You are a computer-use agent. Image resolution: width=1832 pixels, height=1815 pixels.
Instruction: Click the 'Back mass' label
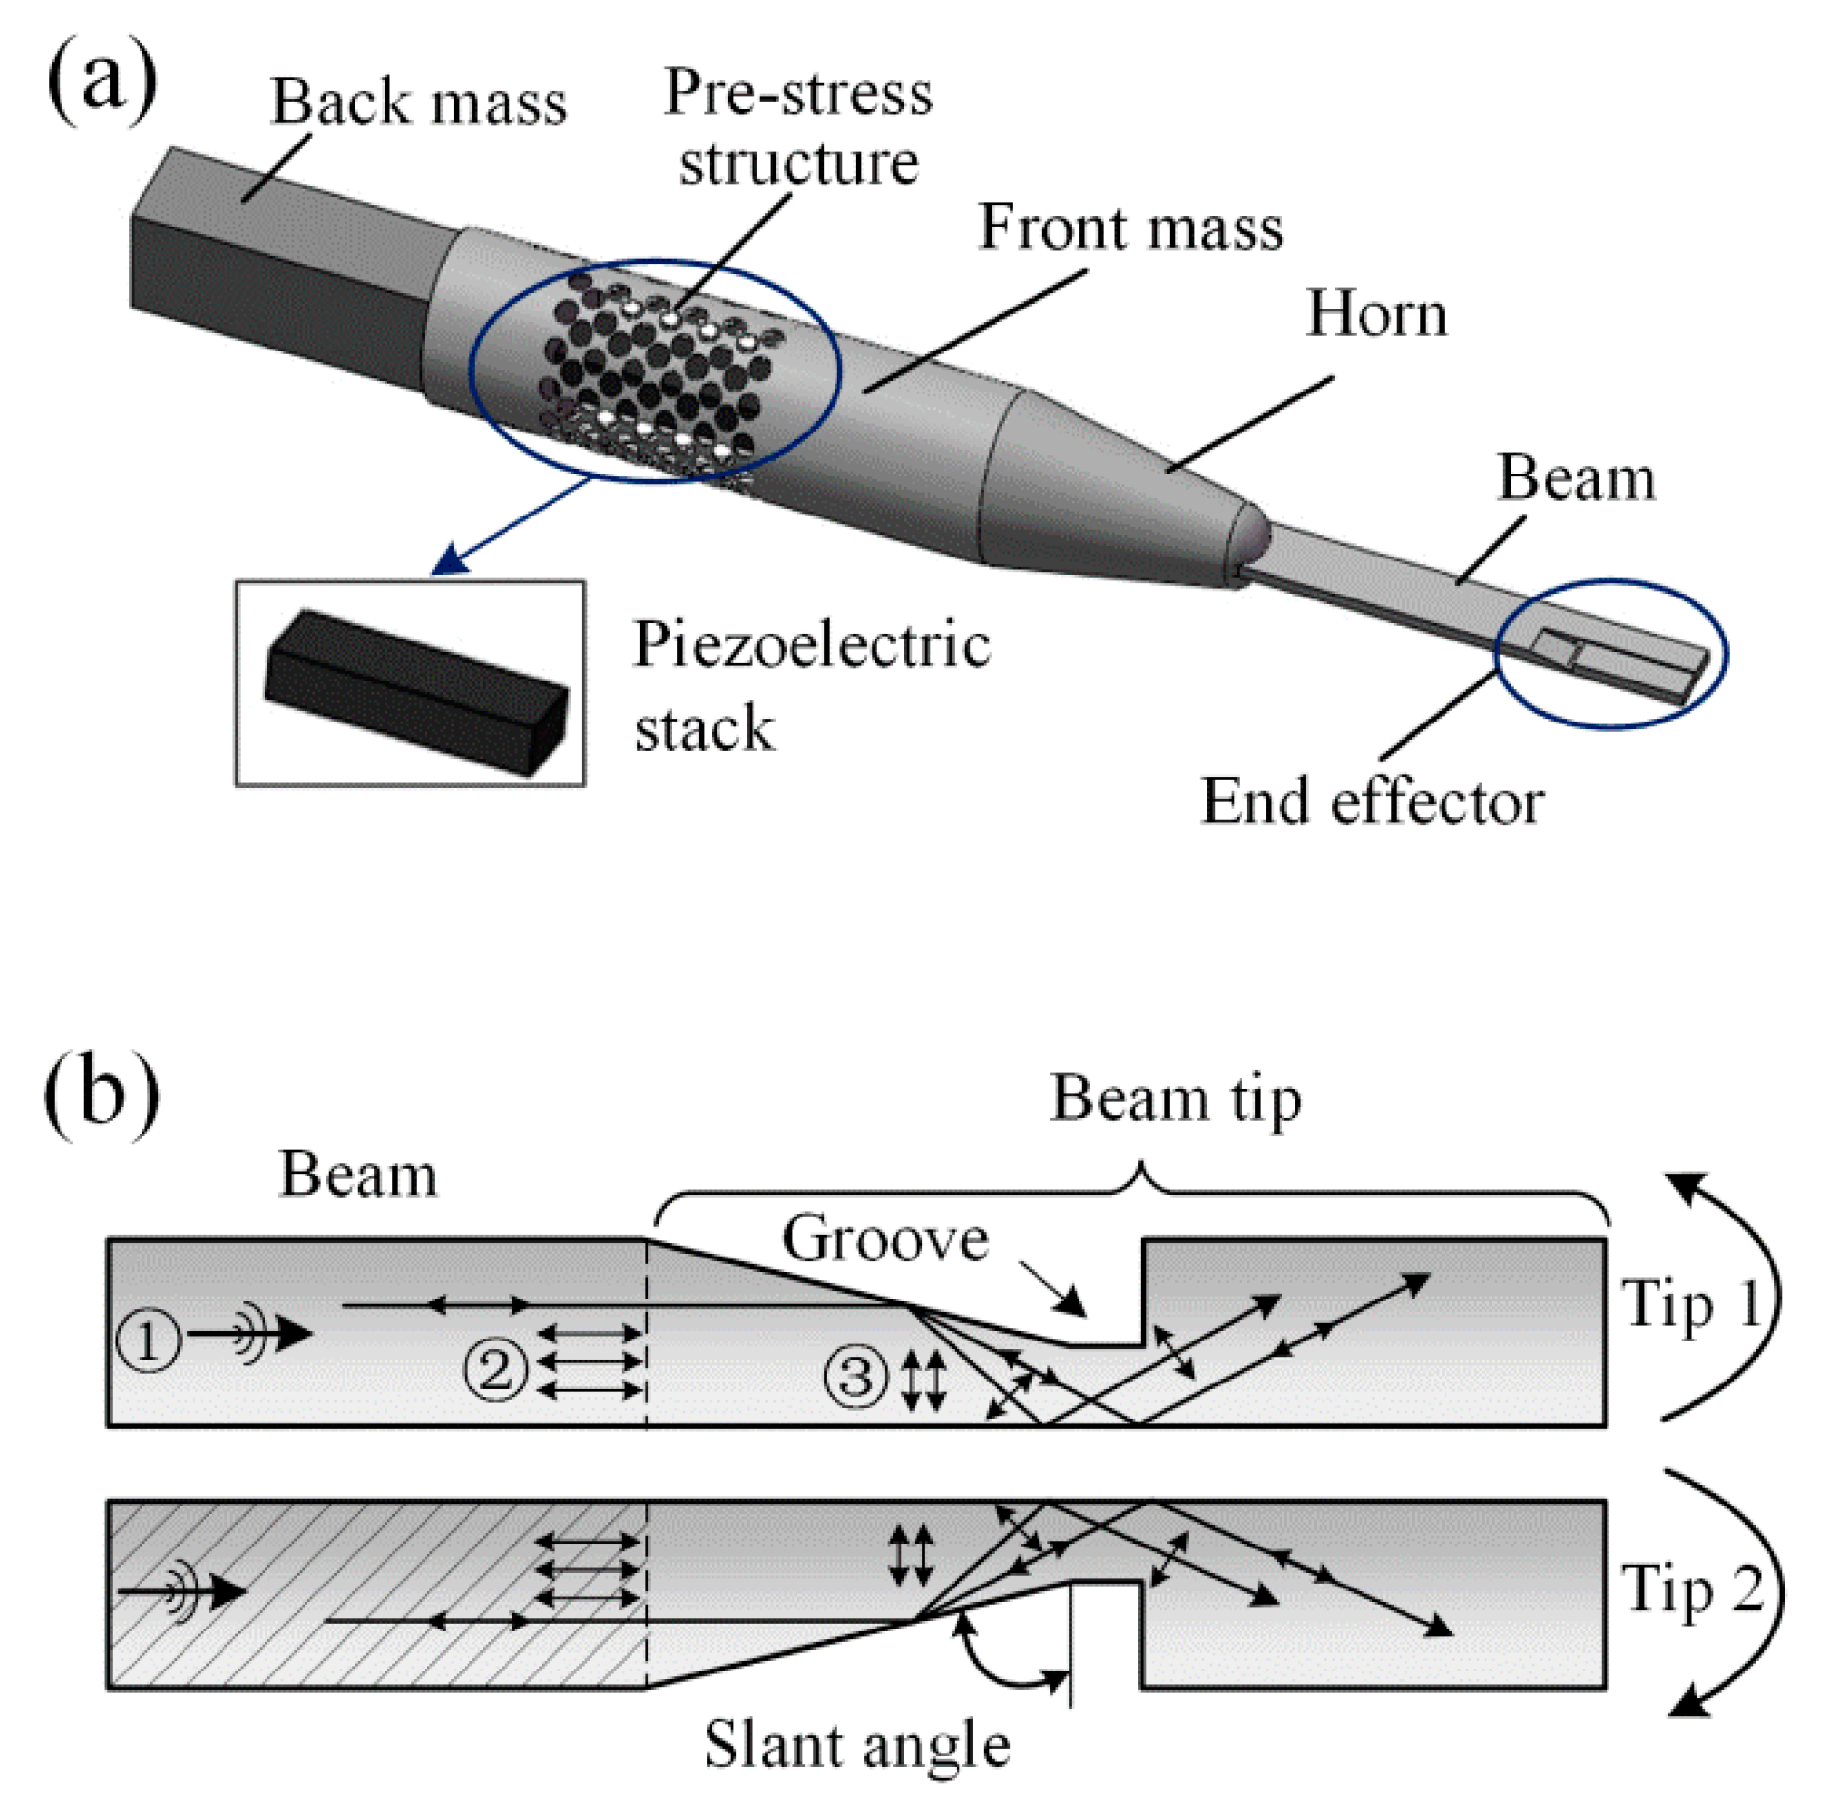tap(418, 102)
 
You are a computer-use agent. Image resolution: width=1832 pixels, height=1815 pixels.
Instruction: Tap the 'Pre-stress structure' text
tap(797, 127)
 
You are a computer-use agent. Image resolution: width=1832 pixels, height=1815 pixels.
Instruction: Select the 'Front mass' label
tap(1129, 227)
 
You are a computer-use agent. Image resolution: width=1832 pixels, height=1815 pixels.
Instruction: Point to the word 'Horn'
tap(1375, 314)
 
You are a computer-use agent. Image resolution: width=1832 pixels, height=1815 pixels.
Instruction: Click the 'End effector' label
tap(1370, 802)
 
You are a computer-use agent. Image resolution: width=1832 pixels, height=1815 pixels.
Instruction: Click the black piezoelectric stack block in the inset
tap(415, 691)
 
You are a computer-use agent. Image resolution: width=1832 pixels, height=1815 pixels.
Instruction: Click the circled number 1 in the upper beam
tap(148, 1341)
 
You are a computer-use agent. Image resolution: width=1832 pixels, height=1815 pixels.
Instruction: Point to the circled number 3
tap(856, 1376)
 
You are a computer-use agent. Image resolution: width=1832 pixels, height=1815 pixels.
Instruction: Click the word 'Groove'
tap(884, 1239)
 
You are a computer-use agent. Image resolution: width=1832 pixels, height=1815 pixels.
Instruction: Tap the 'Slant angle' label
tap(856, 1745)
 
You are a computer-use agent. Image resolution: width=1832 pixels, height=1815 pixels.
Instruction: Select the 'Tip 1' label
tap(1692, 1303)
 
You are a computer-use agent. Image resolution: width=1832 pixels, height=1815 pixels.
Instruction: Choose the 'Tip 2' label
tap(1692, 1588)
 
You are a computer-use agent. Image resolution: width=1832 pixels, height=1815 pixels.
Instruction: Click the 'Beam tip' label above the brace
tap(1175, 1099)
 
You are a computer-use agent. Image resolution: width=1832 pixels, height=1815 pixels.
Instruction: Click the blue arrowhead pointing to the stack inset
tap(452, 560)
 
